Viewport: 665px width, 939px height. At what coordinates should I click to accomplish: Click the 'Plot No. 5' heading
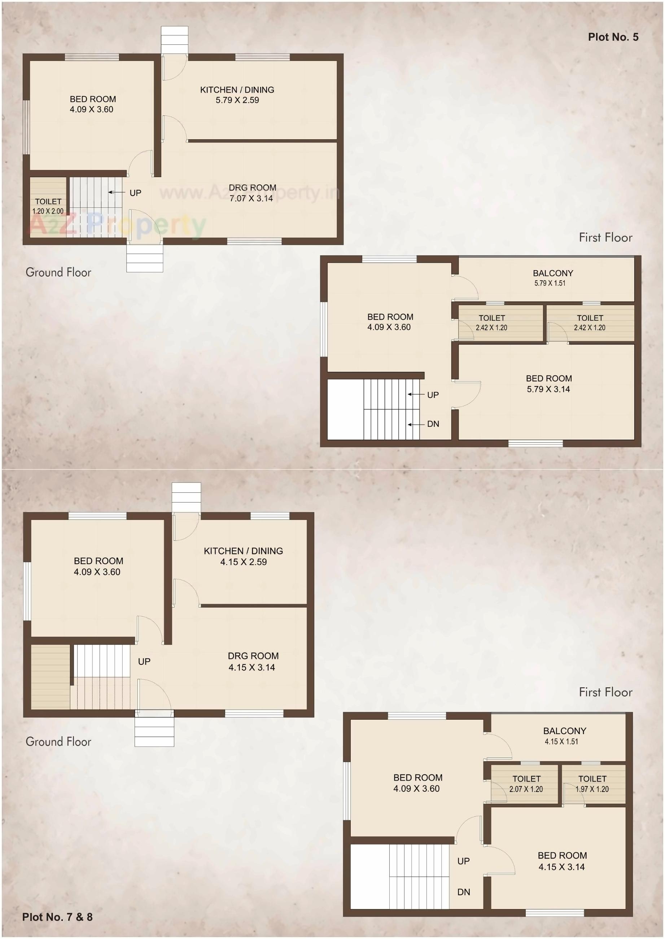pos(613,37)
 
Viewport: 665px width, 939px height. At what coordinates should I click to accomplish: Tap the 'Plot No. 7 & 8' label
pos(57,917)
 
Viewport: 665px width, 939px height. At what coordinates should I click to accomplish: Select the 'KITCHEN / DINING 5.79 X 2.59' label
pos(237,95)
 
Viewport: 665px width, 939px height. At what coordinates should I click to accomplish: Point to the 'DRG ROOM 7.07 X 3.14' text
pos(252,193)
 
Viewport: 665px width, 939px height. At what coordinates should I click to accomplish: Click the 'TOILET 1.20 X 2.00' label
pos(48,206)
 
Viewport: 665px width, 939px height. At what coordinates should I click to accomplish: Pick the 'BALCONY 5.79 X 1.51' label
pos(552,277)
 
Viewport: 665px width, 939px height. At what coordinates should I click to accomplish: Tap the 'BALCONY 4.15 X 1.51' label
pos(564,736)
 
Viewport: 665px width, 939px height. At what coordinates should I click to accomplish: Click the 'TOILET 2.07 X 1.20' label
pos(526,784)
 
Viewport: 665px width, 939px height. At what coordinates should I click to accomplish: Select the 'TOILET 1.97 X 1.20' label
pos(592,784)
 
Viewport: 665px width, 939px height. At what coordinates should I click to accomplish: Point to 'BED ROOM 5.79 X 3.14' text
pos(548,383)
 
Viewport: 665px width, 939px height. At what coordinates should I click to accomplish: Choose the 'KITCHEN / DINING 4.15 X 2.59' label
pos(243,556)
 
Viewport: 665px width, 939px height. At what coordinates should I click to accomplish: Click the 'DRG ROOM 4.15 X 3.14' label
pos(253,661)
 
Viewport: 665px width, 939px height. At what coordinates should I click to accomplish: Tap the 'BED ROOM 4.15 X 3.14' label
pos(562,861)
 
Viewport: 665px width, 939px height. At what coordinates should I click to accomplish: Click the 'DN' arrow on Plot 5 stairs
pos(416,425)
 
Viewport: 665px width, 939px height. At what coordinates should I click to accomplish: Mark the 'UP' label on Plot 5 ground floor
pos(135,193)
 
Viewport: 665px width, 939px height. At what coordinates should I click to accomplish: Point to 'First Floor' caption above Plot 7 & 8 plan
pos(605,692)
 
